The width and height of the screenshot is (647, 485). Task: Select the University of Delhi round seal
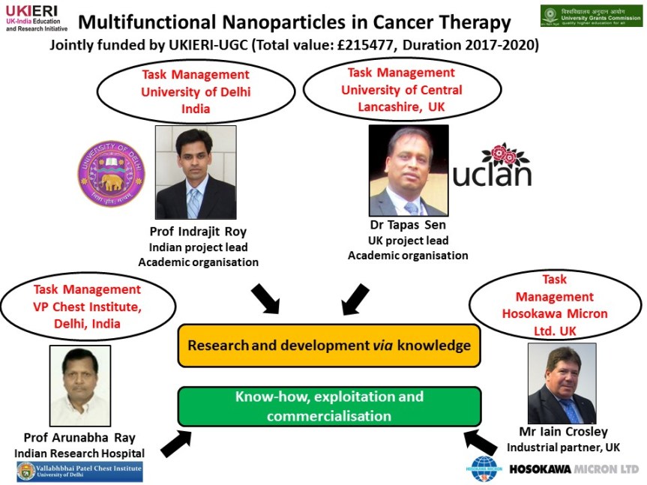[x=111, y=174]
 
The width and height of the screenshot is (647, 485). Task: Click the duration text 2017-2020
[x=499, y=44]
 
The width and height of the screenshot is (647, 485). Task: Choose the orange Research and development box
[x=328, y=346]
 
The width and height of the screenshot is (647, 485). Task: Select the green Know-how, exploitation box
[x=328, y=406]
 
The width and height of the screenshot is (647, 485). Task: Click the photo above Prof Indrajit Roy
[x=195, y=172]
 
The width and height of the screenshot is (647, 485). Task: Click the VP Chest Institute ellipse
[x=87, y=307]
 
